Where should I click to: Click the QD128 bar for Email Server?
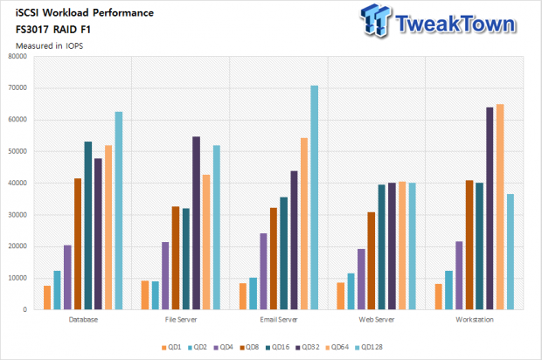click(314, 197)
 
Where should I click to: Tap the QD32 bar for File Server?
click(196, 223)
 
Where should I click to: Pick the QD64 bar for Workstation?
click(500, 206)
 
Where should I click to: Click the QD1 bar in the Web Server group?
click(341, 296)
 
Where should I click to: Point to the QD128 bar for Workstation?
click(511, 252)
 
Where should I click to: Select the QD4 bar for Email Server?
click(263, 271)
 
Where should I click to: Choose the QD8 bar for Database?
click(78, 244)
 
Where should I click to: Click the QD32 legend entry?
click(308, 347)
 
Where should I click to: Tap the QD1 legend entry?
click(171, 347)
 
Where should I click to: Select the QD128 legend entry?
click(369, 347)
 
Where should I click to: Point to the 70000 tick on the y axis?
click(17, 87)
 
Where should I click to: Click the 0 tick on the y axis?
click(24, 309)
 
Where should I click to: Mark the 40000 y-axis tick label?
click(17, 183)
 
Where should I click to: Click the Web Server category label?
click(377, 320)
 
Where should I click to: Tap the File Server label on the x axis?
click(181, 320)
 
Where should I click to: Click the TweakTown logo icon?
click(375, 20)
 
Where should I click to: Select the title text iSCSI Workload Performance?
click(85, 13)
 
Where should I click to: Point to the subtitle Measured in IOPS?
click(50, 46)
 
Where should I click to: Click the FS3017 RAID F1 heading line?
click(52, 30)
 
